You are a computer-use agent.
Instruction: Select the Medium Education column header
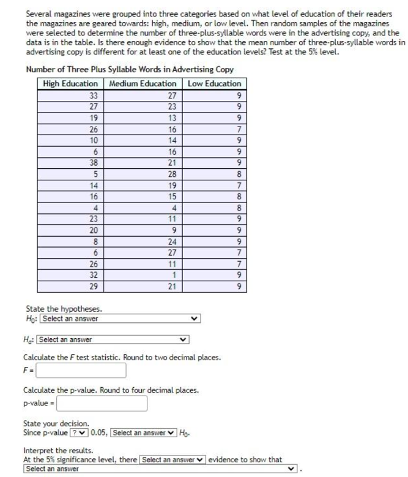(142, 83)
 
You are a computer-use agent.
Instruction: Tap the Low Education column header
(214, 83)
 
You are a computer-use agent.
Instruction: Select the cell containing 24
(171, 240)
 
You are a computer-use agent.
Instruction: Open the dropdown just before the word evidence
(172, 460)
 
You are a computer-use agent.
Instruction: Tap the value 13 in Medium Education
(171, 117)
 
